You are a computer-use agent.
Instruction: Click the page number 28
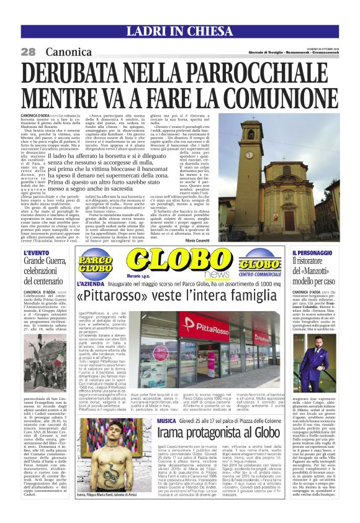pos(28,52)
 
